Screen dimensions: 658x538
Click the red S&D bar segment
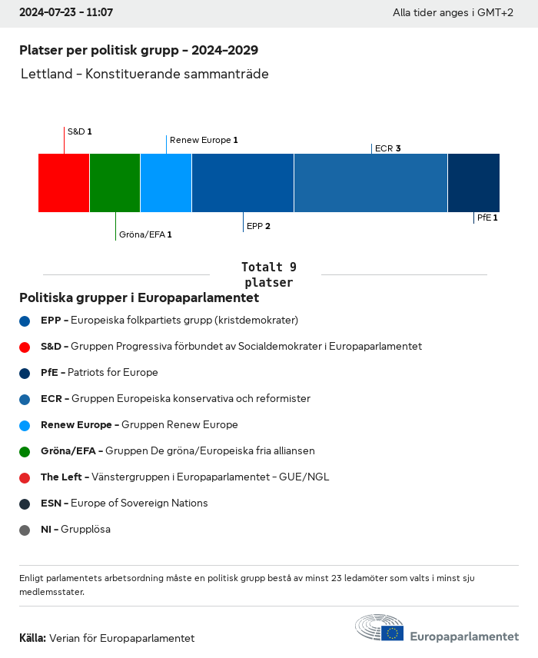tap(64, 183)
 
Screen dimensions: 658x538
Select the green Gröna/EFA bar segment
tap(115, 183)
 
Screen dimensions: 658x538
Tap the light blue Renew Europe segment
tap(166, 183)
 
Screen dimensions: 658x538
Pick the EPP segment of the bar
tap(243, 183)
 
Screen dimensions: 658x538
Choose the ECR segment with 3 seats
tap(370, 183)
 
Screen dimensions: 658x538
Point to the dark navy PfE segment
tap(473, 183)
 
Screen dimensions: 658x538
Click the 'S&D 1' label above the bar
tap(79, 131)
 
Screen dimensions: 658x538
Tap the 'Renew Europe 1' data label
tap(204, 140)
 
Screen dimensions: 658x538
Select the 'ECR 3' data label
tap(387, 148)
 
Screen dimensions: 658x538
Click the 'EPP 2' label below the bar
tap(258, 226)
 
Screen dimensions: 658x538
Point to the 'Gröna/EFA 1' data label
tap(145, 234)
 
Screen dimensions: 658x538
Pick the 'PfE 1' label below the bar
tap(487, 218)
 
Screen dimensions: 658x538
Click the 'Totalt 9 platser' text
tap(268, 274)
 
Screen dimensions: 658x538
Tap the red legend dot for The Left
tap(25, 477)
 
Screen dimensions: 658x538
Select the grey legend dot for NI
tap(25, 530)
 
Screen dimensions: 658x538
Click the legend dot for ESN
tap(25, 503)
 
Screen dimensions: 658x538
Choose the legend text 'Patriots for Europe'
tap(112, 372)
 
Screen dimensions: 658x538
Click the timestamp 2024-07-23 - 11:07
tap(66, 13)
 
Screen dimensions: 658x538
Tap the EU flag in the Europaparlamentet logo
tap(393, 633)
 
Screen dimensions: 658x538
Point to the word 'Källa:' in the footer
tap(32, 638)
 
